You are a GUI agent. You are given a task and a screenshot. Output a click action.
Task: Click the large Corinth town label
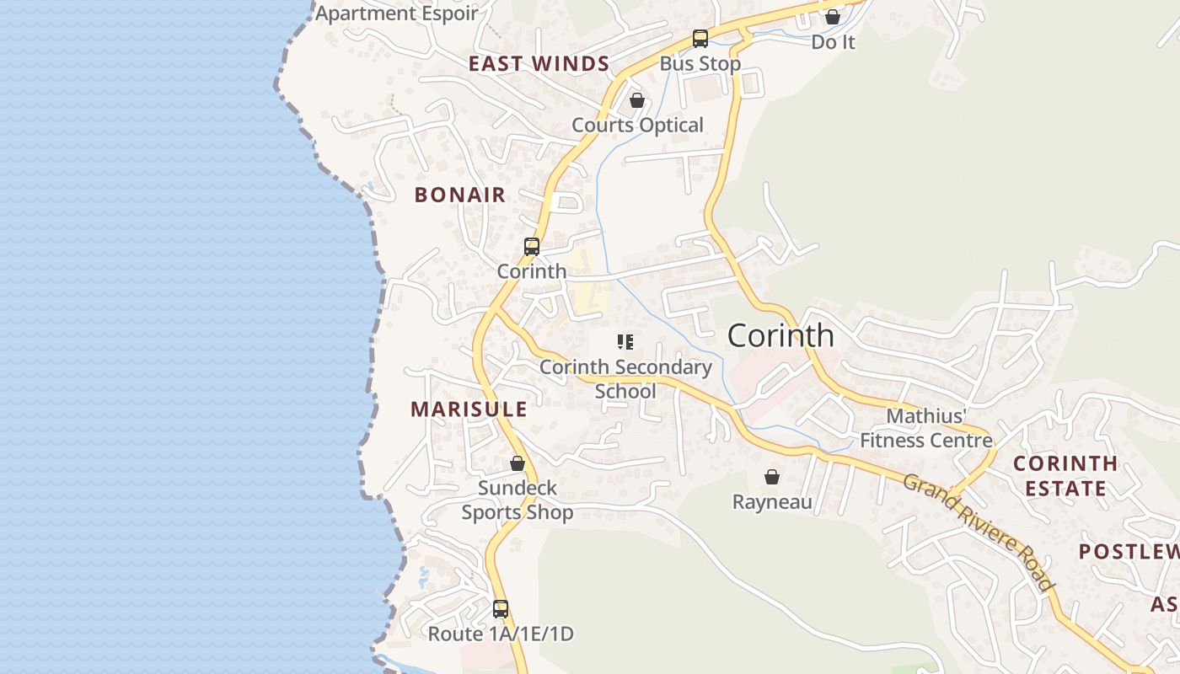tap(780, 335)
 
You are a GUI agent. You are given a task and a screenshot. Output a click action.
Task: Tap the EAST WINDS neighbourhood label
tap(539, 64)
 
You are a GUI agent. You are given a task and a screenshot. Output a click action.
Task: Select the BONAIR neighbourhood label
tap(460, 195)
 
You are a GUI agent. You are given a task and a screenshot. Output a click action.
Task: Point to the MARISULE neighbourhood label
tap(469, 409)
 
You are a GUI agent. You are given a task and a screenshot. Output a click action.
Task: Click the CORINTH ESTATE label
tap(1065, 475)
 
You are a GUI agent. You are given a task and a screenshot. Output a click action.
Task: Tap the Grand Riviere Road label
tap(979, 532)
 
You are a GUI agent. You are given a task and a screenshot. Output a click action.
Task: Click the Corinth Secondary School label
tap(625, 379)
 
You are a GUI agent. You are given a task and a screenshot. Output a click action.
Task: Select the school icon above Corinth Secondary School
tap(625, 341)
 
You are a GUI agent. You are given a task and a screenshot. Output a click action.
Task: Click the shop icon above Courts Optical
tap(637, 101)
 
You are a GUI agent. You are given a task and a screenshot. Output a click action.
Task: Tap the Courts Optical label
tap(637, 126)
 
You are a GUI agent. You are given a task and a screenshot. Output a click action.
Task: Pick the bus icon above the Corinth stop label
tap(532, 247)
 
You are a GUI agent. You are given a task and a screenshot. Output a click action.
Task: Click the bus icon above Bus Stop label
tap(700, 39)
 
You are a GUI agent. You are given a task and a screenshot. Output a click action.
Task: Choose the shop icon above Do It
tap(833, 17)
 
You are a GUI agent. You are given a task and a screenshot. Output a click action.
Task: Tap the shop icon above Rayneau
tap(772, 478)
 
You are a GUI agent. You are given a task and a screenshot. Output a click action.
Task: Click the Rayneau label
tap(772, 503)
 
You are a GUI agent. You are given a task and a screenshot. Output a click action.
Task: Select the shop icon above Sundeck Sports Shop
tap(518, 463)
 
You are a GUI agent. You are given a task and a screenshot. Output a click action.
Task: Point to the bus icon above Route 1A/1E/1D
tap(501, 609)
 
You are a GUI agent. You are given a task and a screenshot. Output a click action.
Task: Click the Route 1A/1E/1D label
tap(501, 634)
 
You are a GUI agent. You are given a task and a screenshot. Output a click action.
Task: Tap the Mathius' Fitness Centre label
tap(926, 428)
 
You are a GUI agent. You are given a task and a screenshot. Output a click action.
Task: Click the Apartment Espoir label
tap(396, 13)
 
